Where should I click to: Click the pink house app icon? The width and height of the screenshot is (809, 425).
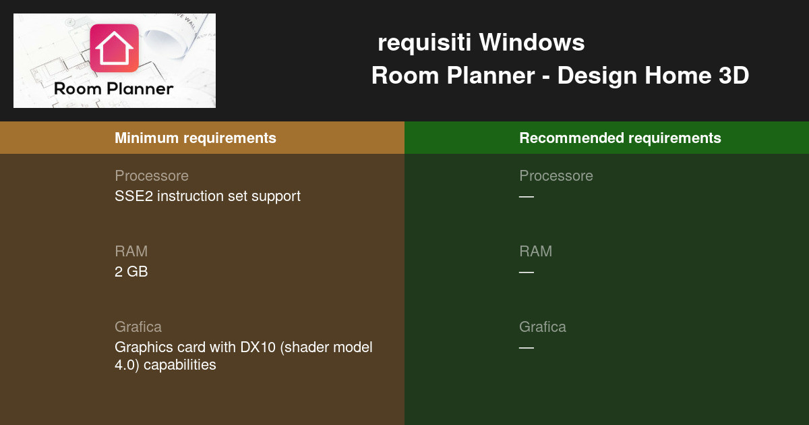tap(114, 48)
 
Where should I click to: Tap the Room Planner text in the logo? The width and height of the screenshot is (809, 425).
tap(114, 88)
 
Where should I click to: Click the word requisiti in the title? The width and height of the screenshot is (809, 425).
tap(425, 42)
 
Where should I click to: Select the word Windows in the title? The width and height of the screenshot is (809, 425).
tap(532, 42)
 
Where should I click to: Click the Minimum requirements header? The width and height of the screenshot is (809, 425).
tap(196, 138)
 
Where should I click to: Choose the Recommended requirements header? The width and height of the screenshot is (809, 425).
tap(620, 138)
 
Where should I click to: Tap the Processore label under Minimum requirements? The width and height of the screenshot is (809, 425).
tap(152, 176)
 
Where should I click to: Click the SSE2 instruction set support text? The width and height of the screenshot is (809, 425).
tap(208, 196)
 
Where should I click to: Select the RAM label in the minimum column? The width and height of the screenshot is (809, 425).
tap(131, 252)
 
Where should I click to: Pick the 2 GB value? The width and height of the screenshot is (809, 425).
tap(131, 272)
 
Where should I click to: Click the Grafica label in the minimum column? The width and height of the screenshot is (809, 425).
tap(138, 327)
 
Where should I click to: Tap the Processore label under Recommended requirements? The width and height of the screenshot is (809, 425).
tap(556, 176)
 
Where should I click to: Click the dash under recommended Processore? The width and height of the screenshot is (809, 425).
tap(527, 196)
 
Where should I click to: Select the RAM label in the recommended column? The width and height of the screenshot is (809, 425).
tap(535, 252)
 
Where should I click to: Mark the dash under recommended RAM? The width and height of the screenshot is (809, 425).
tap(527, 272)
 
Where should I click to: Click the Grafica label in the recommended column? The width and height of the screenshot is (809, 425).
tap(543, 327)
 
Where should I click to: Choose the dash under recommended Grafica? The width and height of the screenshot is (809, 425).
tap(527, 347)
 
